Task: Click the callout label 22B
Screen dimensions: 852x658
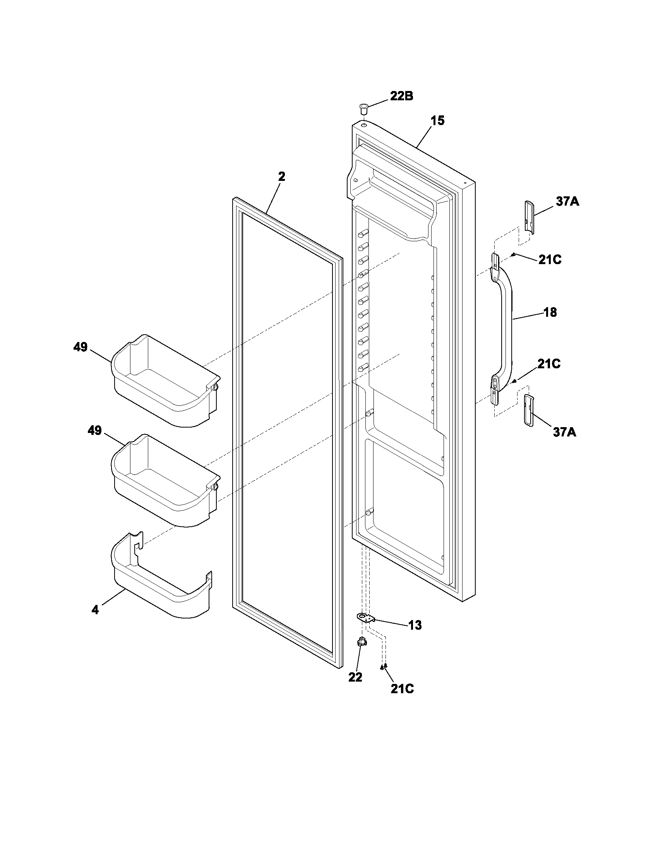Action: (402, 96)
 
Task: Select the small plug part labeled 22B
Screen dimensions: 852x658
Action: (364, 108)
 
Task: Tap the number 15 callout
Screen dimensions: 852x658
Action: (437, 121)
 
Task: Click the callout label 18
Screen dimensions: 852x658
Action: (550, 312)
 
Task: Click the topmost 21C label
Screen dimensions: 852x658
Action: (550, 260)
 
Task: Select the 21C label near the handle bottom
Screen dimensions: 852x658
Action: (549, 364)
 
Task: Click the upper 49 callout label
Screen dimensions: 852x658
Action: (80, 347)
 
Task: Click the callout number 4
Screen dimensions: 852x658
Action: (95, 610)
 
